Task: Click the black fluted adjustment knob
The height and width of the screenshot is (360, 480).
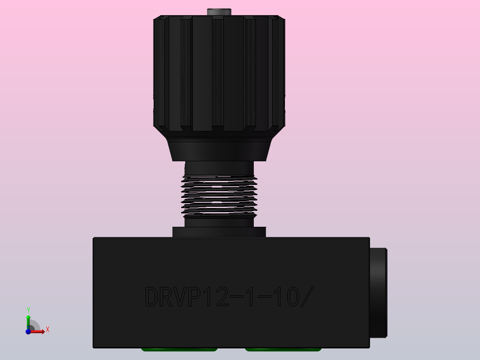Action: [x=219, y=74]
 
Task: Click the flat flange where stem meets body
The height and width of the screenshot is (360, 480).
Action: [x=219, y=232]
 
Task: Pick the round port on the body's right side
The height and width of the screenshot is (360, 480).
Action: [x=378, y=292]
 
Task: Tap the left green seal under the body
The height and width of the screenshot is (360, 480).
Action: [x=179, y=349]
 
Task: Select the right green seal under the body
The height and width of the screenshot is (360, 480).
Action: [x=283, y=349]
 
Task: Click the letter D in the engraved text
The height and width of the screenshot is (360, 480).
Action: [x=153, y=297]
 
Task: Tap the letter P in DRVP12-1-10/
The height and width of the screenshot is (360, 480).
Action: [x=193, y=297]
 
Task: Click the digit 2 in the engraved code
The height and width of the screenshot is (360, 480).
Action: [x=220, y=297]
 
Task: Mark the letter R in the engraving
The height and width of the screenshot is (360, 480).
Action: [x=167, y=297]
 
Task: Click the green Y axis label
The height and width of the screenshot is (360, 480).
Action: [x=28, y=310]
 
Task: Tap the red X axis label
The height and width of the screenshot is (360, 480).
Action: [x=47, y=330]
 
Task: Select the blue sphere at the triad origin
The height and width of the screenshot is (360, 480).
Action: [x=28, y=331]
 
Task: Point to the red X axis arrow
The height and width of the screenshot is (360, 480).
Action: [x=39, y=331]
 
